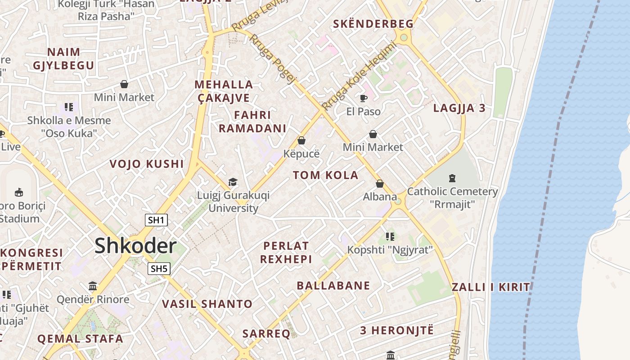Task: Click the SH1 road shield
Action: click(x=156, y=220)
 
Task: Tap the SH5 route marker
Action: click(x=159, y=269)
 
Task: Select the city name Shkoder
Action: click(x=135, y=246)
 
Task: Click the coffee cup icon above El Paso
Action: click(x=364, y=98)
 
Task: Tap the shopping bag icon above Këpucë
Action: click(x=301, y=141)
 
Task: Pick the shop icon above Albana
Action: click(x=380, y=184)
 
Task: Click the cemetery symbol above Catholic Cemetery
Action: click(x=452, y=178)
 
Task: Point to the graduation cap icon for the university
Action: click(x=233, y=182)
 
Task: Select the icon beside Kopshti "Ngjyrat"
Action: click(x=390, y=236)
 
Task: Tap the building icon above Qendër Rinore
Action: click(x=93, y=286)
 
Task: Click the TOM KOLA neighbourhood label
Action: click(x=326, y=175)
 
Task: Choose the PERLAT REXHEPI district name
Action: click(x=286, y=252)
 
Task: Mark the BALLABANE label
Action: click(x=333, y=285)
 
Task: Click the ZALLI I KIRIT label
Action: click(x=491, y=287)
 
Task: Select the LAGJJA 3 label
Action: click(x=459, y=108)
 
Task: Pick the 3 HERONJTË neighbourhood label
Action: click(x=397, y=330)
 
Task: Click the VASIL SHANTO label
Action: click(x=207, y=304)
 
